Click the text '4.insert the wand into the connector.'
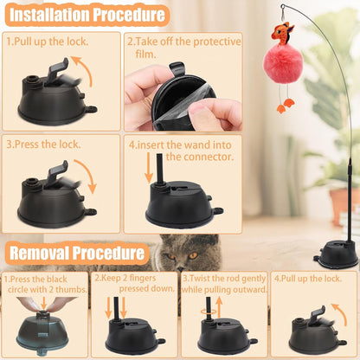click(183, 150)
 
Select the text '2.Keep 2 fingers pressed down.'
click(134, 286)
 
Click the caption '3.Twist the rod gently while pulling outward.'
click(223, 286)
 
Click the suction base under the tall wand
click(337, 253)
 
